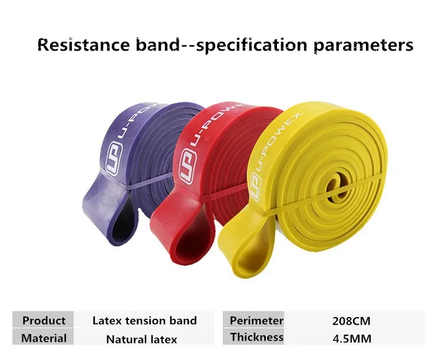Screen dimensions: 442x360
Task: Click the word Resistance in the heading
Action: pyautogui.click(x=84, y=45)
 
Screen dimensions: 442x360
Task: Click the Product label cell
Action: pyautogui.click(x=43, y=320)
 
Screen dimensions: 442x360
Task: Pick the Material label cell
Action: pyautogui.click(x=43, y=338)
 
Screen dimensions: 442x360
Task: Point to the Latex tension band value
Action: pyautogui.click(x=144, y=321)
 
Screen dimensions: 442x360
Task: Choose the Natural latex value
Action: pyautogui.click(x=141, y=339)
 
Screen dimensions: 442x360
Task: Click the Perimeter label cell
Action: pyautogui.click(x=253, y=320)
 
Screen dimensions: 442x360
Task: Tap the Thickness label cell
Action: pyautogui.click(x=253, y=337)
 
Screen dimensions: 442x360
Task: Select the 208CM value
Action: pyautogui.click(x=351, y=321)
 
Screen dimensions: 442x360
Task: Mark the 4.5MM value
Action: pyautogui.click(x=352, y=339)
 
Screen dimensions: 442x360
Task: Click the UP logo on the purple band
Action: pyautogui.click(x=114, y=158)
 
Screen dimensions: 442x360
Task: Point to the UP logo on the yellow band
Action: pyautogui.click(x=256, y=186)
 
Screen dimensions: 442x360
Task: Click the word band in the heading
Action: pyautogui.click(x=157, y=45)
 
